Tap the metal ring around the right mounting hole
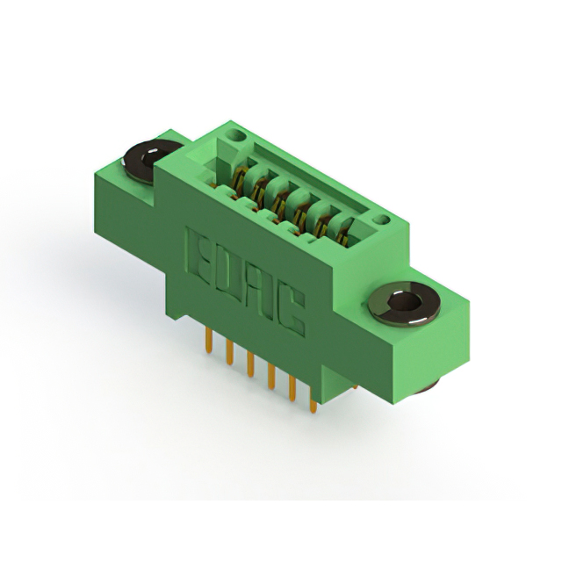[x=404, y=304]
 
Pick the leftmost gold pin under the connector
[x=209, y=340]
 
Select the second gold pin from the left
[x=230, y=352]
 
